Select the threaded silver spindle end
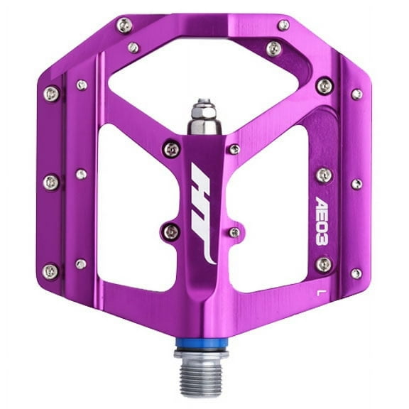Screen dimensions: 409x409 tap(205, 372)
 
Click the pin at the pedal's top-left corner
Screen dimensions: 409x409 tap(124, 26)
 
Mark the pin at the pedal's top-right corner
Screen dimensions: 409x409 tap(283, 25)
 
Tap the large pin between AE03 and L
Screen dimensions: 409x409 tap(323, 264)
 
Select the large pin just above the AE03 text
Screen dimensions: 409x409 tap(323, 175)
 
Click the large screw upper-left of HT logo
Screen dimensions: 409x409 tap(171, 148)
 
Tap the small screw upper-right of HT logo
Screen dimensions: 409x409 tap(234, 149)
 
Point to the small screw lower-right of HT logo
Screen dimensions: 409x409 tap(234, 232)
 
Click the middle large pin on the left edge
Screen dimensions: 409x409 tap(51, 182)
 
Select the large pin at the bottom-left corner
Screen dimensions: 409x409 tap(51, 271)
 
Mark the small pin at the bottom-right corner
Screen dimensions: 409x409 tap(356, 273)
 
